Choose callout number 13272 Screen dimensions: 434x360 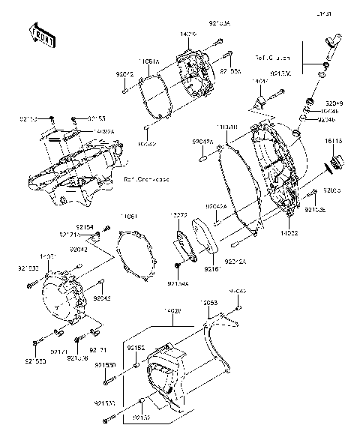pyautogui.click(x=180, y=216)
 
